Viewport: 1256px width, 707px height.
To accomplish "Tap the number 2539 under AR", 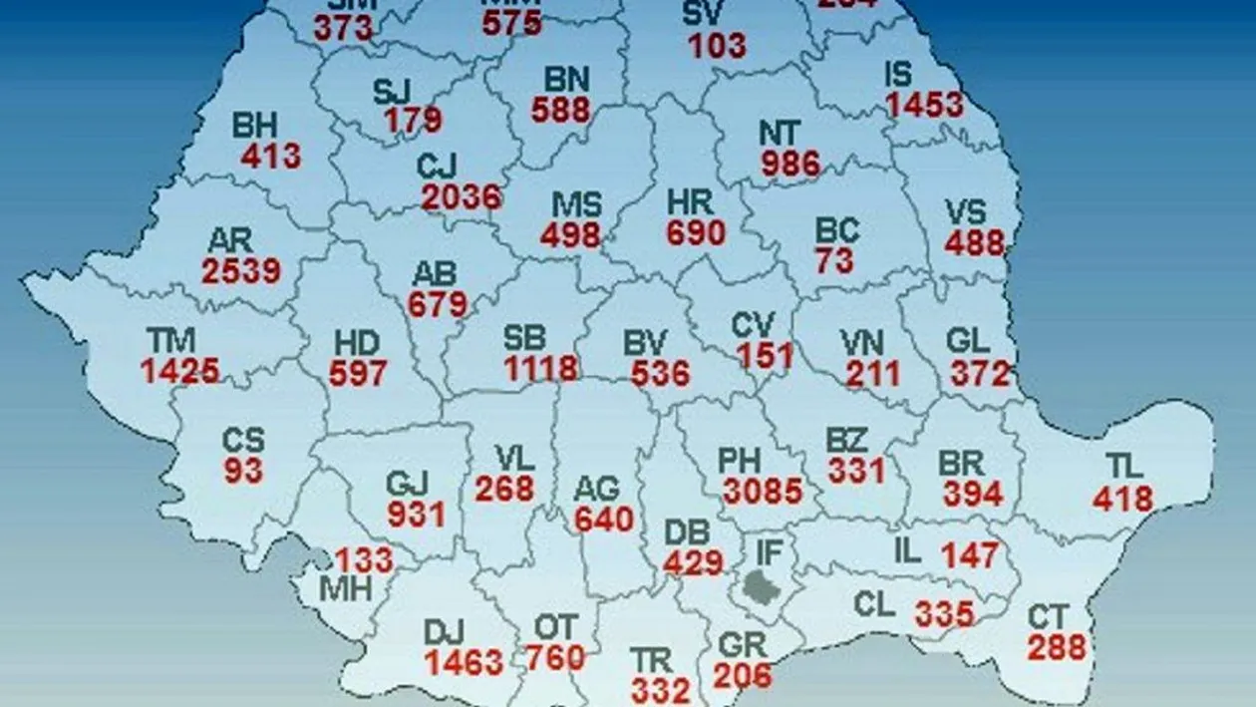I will tap(241, 270).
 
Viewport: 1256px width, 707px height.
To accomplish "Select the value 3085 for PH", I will tap(763, 491).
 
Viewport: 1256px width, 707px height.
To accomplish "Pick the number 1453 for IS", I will tap(925, 105).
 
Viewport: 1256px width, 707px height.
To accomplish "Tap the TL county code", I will tap(1123, 467).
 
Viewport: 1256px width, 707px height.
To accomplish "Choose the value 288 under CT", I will tap(1057, 647).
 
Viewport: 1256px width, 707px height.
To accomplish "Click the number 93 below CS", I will tap(243, 471).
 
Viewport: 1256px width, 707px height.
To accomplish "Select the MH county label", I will tap(345, 588).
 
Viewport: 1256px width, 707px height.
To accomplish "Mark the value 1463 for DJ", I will tap(464, 663).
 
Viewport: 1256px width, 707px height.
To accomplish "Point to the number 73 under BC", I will tap(833, 261).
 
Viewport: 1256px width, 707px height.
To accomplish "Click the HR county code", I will tap(691, 202).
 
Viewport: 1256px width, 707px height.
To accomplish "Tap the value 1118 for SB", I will tap(540, 368).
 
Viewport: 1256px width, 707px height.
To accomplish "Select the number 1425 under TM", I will tap(179, 371).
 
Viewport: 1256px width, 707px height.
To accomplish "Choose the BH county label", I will tap(255, 126).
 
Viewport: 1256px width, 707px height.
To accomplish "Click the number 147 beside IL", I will tap(969, 554).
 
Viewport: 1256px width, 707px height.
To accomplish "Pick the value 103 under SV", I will tap(716, 45).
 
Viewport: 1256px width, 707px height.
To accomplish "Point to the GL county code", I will tap(967, 341).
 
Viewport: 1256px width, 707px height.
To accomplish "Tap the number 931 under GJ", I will tap(416, 515).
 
